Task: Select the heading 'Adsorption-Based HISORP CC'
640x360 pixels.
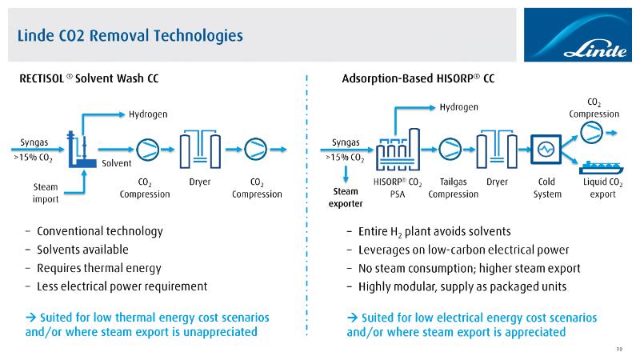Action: click(x=418, y=79)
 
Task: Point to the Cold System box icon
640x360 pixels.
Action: click(x=546, y=149)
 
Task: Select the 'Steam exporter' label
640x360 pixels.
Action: click(x=345, y=197)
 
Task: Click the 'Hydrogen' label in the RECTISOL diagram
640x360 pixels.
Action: click(x=148, y=114)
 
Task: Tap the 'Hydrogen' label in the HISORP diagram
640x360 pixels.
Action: click(x=459, y=107)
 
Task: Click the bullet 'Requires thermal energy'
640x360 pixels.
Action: click(x=99, y=268)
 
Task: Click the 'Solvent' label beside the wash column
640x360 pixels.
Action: click(x=116, y=163)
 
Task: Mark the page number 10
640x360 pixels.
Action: click(x=620, y=347)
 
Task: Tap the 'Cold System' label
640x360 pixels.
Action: click(x=547, y=187)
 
